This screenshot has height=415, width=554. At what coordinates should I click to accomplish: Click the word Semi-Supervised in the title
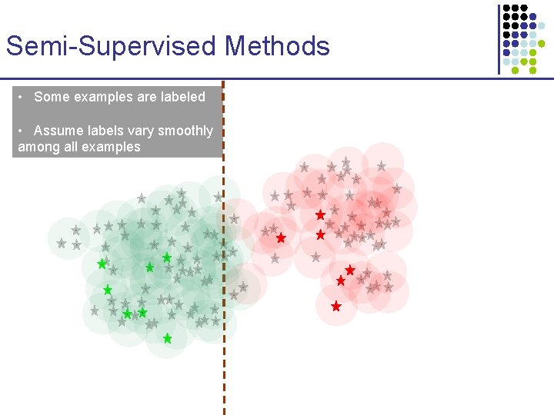click(x=112, y=46)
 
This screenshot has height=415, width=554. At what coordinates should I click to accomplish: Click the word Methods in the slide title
click(x=277, y=46)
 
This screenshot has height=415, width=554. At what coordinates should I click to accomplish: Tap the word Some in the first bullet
click(x=52, y=97)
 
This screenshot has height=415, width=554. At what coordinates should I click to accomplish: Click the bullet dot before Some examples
click(x=23, y=97)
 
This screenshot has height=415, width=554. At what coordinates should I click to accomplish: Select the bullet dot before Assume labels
click(x=23, y=131)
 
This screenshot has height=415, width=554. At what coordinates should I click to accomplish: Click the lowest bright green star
click(x=167, y=338)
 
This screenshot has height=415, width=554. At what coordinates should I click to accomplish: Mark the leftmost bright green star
click(x=102, y=264)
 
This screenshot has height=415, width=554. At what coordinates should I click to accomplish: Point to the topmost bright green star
click(x=166, y=257)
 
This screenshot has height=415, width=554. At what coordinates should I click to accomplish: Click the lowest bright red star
click(x=335, y=306)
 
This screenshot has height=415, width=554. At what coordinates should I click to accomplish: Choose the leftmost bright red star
click(x=281, y=238)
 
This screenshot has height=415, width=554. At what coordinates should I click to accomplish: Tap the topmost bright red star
click(x=320, y=215)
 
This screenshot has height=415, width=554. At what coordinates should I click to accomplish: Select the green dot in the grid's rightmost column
click(x=541, y=44)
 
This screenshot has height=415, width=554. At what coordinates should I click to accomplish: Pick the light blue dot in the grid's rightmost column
click(x=541, y=25)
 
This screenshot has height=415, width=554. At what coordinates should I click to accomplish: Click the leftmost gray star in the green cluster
click(x=62, y=243)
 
